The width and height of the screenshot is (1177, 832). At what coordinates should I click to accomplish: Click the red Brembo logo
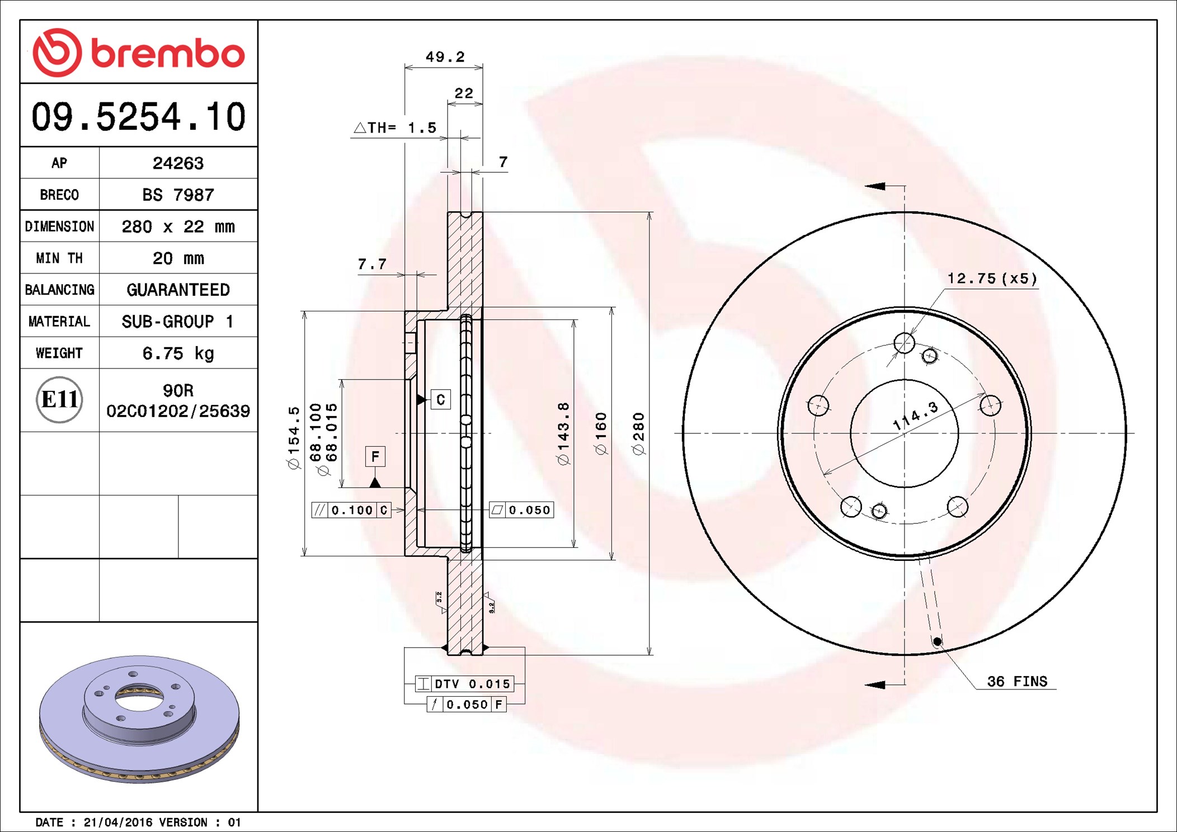139,53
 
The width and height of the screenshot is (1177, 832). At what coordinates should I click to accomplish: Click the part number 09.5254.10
139,117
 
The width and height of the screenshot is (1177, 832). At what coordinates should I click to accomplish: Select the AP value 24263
178,163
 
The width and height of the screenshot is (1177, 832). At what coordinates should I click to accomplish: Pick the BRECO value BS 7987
178,195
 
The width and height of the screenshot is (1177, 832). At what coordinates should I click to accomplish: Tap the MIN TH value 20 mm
178,258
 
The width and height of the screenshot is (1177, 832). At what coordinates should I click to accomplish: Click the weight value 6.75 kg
178,353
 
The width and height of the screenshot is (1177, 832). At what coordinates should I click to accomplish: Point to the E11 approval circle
59,400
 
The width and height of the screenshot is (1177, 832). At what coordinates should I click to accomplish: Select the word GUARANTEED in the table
178,290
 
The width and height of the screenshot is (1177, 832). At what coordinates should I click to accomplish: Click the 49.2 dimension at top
445,56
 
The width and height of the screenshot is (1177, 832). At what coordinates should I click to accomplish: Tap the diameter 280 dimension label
638,434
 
